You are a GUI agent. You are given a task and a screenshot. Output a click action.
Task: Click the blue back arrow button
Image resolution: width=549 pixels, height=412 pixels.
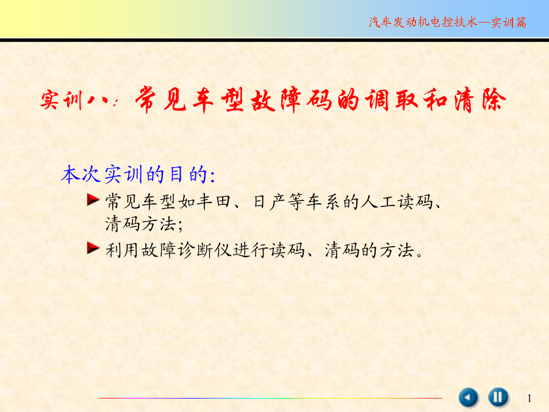click(x=468, y=397)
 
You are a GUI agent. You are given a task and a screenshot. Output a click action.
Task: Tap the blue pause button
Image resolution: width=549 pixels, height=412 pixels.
click(x=498, y=397)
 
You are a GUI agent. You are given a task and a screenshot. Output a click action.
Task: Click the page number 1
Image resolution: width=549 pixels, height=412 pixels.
click(x=529, y=398)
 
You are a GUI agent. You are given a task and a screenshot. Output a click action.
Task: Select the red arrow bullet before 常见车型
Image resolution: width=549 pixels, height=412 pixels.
click(x=93, y=200)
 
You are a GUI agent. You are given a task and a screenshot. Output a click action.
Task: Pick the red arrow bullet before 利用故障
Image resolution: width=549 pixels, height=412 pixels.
click(x=93, y=248)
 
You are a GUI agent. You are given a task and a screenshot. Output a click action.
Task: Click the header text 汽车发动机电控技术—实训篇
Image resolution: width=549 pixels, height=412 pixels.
click(x=448, y=22)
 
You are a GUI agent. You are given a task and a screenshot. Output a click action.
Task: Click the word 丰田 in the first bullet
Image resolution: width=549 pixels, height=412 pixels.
click(x=213, y=202)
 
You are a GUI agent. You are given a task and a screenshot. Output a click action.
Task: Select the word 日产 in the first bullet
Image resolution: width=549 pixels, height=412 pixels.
click(x=269, y=202)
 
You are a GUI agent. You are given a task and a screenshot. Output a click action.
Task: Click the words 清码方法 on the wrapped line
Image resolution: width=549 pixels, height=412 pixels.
click(x=140, y=224)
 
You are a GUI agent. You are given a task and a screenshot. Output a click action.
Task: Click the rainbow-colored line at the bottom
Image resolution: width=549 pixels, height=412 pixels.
click(x=270, y=398)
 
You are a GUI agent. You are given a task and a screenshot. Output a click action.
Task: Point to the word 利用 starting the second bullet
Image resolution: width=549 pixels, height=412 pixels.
click(x=122, y=250)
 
